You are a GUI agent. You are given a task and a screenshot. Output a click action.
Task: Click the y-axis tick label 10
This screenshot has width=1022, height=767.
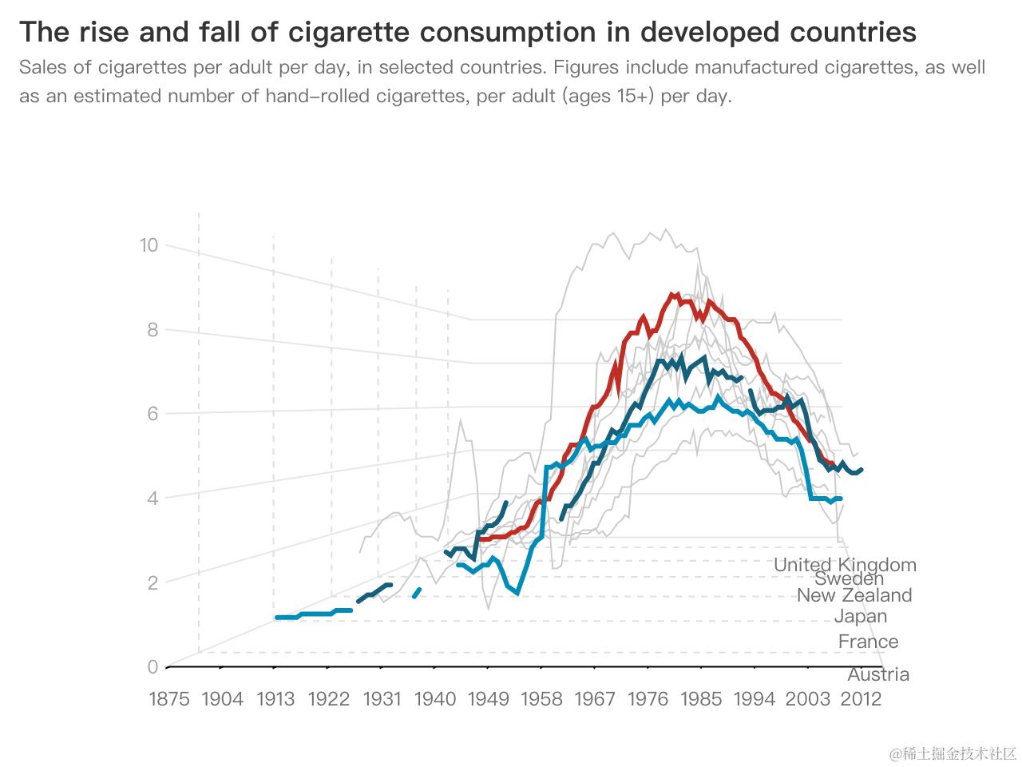point(149,245)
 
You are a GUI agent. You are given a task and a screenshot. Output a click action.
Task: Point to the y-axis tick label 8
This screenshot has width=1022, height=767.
point(153,330)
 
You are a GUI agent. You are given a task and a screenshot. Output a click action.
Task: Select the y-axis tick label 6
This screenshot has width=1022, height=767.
point(153,414)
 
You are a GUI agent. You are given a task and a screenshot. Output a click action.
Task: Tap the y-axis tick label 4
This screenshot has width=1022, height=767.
point(153,499)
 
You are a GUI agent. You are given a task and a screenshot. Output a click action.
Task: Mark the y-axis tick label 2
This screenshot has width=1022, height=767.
point(153,583)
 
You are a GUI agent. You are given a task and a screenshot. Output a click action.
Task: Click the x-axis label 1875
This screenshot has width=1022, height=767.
point(169,699)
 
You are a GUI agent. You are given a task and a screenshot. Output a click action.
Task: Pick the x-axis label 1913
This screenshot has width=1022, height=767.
point(275,699)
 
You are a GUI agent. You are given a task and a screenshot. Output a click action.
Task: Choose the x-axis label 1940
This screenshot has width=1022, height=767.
point(435,699)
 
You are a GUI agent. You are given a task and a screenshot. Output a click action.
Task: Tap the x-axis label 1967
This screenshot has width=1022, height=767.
point(595,699)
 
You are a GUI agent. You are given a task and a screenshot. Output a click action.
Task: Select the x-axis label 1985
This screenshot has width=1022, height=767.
point(701,699)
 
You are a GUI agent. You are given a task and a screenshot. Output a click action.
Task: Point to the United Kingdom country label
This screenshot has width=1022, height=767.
point(845,565)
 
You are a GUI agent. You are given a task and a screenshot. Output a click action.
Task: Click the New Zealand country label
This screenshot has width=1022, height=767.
point(854,595)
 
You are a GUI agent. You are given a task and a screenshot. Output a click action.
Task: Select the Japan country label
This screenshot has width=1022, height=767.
point(861,616)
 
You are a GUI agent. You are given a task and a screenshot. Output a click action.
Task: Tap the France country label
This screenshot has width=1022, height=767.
point(868,642)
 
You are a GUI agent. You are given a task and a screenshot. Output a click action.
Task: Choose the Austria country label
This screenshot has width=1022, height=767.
point(878,674)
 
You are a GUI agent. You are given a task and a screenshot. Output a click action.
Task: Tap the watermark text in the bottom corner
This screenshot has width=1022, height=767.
point(954,753)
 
